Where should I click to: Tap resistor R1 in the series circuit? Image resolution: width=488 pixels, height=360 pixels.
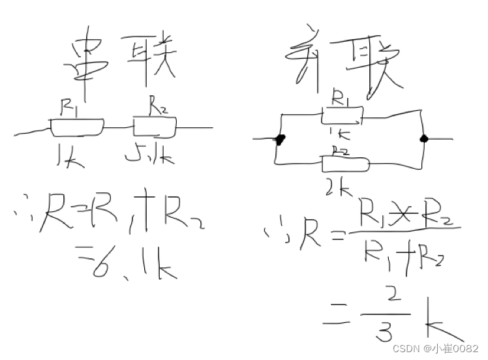tap(77, 128)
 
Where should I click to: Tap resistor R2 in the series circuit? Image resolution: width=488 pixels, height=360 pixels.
tap(155, 127)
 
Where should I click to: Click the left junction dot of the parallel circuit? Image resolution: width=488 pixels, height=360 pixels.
tap(281, 139)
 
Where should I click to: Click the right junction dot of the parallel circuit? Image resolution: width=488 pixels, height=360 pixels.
tap(424, 138)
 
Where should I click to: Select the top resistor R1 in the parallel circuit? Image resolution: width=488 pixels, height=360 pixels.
tap(341, 116)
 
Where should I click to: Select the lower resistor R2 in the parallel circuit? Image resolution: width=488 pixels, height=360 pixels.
tap(344, 164)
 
